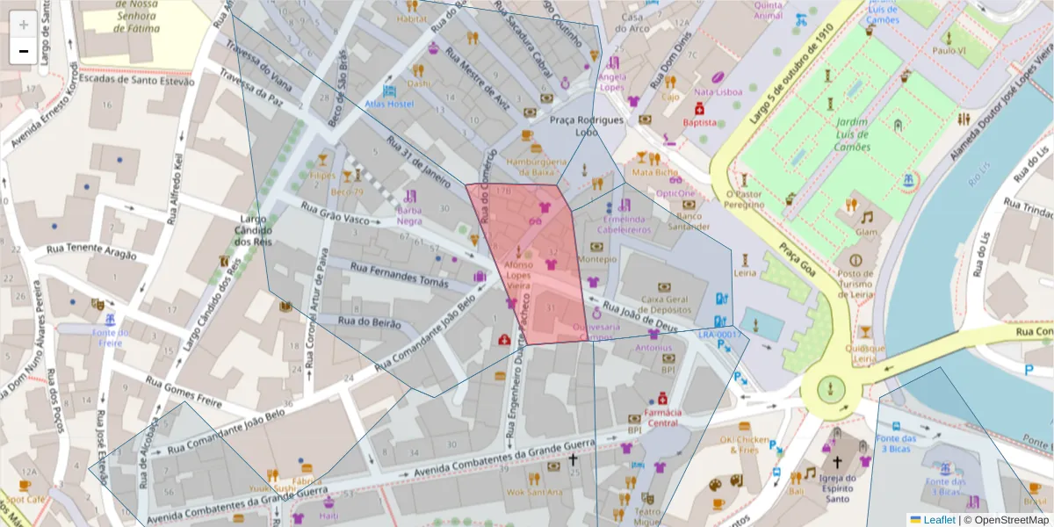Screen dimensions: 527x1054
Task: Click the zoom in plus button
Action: (24, 25)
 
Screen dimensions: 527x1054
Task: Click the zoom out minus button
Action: (24, 51)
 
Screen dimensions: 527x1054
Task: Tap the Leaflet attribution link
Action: (939, 519)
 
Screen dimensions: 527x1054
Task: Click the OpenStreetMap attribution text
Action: (1005, 519)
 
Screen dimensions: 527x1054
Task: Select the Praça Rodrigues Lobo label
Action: (587, 126)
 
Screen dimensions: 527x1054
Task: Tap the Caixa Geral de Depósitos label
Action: (664, 305)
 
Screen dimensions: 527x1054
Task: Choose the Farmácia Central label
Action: (662, 417)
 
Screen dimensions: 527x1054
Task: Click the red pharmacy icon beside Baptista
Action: (699, 108)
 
